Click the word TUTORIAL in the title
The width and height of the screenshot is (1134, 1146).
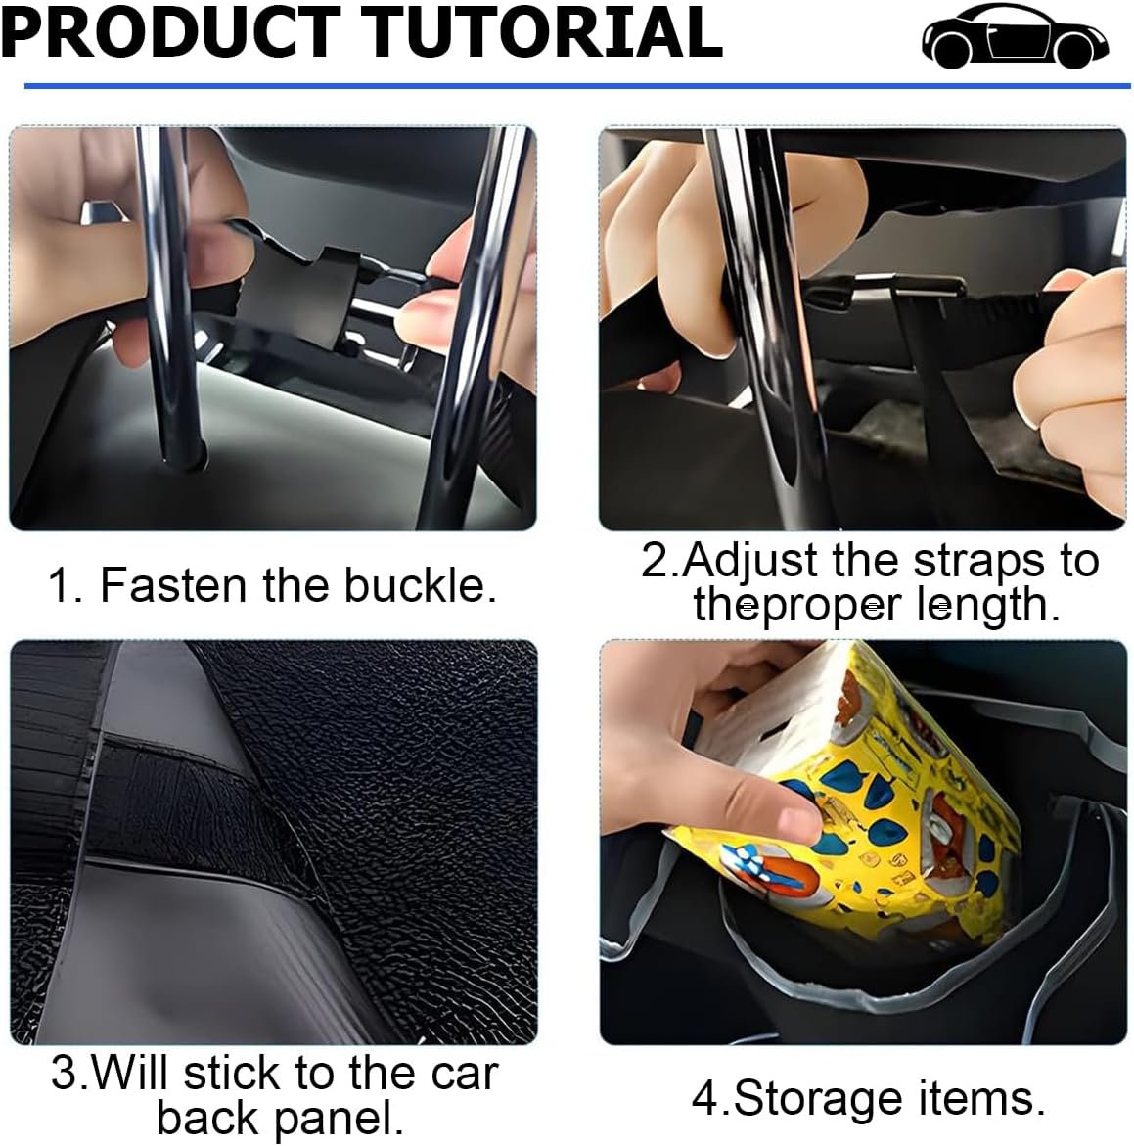coord(542,32)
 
